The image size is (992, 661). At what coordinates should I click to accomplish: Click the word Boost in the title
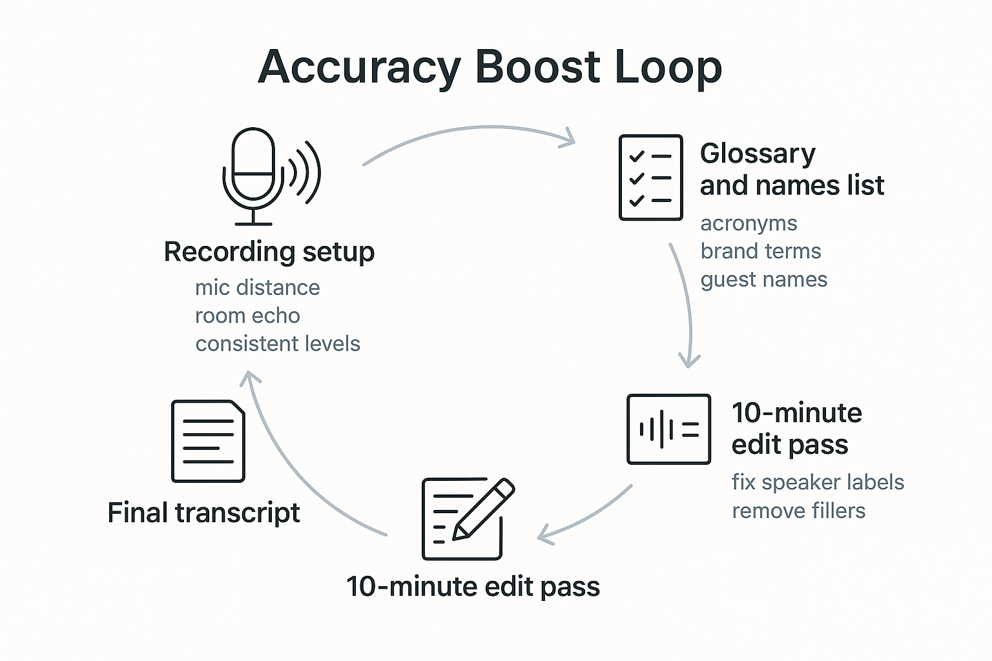coord(538,67)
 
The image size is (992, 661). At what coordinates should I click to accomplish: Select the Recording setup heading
coord(269,252)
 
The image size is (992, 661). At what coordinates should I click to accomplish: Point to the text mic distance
coord(257,287)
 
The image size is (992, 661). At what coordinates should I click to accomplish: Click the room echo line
coord(247,316)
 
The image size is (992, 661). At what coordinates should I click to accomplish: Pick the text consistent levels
coord(278,344)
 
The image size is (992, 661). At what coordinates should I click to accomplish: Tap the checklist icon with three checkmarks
coord(650,178)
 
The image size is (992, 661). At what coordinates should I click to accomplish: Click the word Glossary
coord(758,154)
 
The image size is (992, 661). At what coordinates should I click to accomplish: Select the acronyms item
coord(749,223)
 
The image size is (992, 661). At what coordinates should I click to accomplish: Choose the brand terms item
coord(760,251)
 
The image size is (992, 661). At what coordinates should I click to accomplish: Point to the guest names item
coord(763,280)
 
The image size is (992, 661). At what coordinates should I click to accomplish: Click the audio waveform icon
coord(668,429)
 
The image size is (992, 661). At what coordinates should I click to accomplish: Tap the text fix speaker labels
coord(818,482)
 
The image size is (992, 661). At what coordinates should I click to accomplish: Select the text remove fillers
coord(798,511)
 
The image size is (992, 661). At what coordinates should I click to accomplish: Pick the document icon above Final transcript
coord(208,441)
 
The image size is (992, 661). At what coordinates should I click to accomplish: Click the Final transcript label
coord(203,513)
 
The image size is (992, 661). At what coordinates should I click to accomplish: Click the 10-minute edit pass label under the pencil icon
coord(473,587)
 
